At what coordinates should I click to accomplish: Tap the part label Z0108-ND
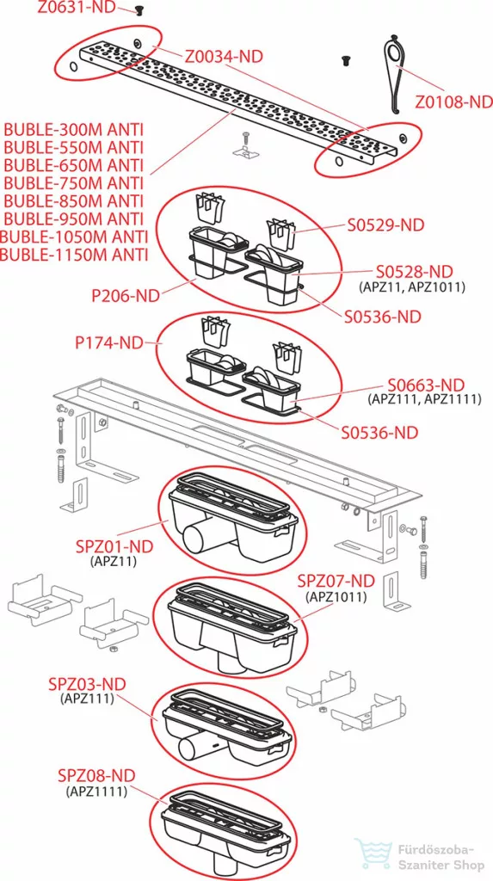pos(453,102)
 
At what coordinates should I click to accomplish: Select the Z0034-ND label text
pos(224,56)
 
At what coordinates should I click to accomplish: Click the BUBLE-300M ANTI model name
pos(74,131)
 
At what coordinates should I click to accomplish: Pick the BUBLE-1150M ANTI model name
pos(74,254)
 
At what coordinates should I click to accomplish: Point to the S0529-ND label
pos(385,225)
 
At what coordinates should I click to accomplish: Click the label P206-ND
pos(126,296)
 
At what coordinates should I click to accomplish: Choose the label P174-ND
pos(109,342)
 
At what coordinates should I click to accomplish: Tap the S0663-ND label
pos(426,385)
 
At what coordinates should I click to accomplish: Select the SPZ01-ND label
pos(114,546)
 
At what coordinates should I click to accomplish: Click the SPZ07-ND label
pos(336,581)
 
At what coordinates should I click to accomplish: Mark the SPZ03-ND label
pos(86,684)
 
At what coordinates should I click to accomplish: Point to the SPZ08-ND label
pos(96,776)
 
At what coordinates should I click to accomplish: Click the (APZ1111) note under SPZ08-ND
pos(96,792)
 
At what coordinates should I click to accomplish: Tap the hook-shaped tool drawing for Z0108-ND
pos(396,72)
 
